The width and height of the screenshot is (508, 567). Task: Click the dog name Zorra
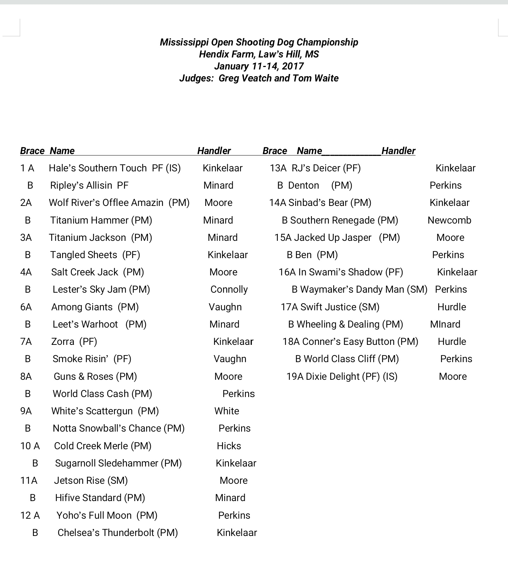tap(63, 342)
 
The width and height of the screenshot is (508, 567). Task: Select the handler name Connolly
tap(229, 289)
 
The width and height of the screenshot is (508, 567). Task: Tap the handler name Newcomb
tap(449, 220)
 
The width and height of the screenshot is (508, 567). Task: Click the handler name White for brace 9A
tap(227, 411)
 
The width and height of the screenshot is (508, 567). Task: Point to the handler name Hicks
tap(229, 446)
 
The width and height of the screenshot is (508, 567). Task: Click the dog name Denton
tap(304, 185)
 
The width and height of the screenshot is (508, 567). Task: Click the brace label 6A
tap(26, 307)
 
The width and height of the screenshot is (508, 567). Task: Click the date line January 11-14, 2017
tap(259, 66)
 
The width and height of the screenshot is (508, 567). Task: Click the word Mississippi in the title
tap(184, 42)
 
